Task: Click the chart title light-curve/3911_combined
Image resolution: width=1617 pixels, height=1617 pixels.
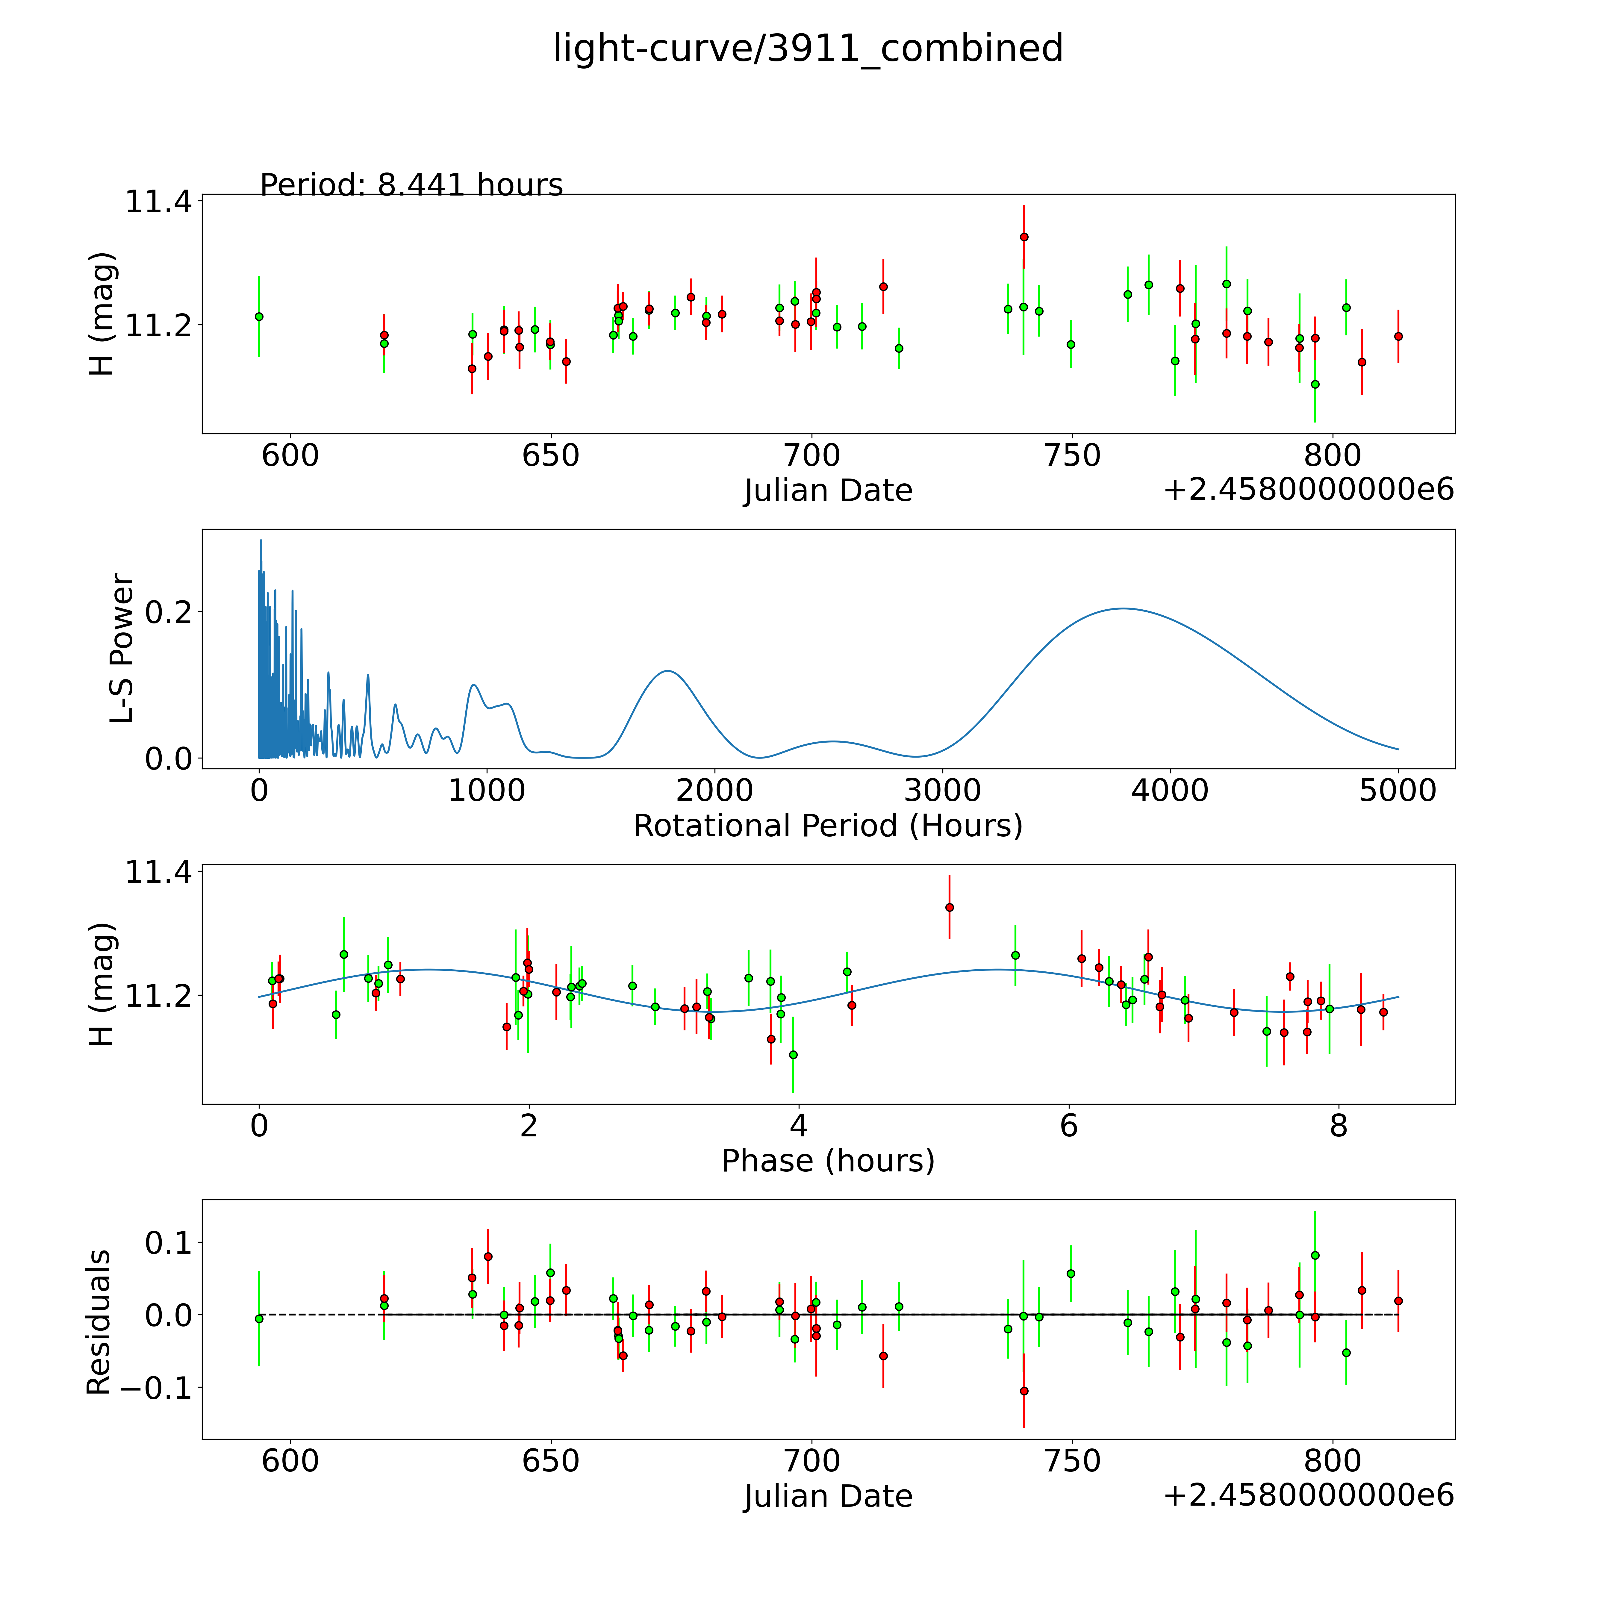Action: [x=808, y=49]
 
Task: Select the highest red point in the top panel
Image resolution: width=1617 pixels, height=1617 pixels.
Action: [x=1024, y=237]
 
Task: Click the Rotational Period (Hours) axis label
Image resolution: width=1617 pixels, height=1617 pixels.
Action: [x=828, y=826]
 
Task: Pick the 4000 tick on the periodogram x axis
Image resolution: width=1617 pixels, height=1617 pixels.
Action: [x=1170, y=790]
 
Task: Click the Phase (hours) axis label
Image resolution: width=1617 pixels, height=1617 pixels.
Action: [x=828, y=1161]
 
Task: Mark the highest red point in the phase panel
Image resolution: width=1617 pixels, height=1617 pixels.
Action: [x=949, y=907]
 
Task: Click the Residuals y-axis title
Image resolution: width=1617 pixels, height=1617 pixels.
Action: [x=99, y=1322]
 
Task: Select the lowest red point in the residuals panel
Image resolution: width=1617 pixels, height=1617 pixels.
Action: [x=1024, y=1391]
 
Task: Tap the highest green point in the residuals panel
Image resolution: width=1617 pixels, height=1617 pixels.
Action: [x=1315, y=1256]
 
